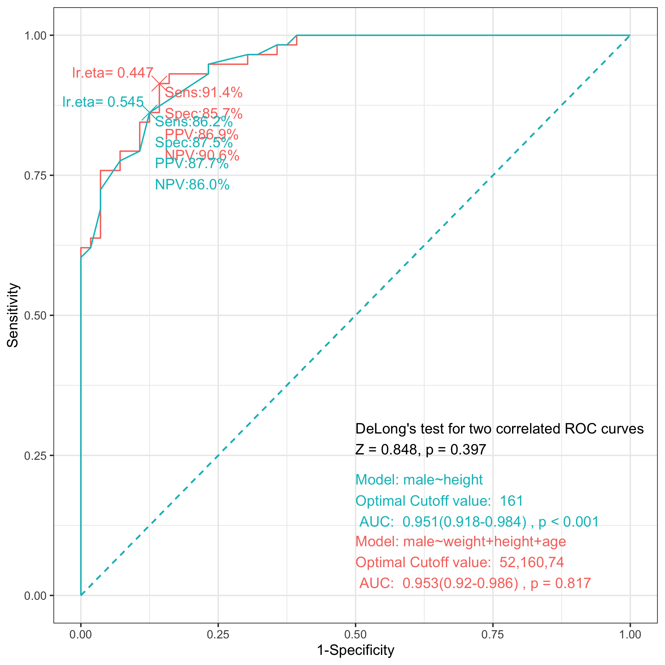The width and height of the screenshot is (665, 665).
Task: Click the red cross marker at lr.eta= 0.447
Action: click(x=159, y=83)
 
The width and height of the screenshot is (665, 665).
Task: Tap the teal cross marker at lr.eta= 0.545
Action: click(x=150, y=112)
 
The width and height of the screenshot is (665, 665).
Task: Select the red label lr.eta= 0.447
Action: click(x=112, y=73)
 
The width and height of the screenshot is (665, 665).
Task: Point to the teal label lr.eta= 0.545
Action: click(x=103, y=102)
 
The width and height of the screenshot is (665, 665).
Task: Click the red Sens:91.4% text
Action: click(x=204, y=92)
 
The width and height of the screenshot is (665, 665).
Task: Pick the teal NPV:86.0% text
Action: click(x=192, y=185)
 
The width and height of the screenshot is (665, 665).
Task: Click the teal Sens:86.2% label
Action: click(x=194, y=122)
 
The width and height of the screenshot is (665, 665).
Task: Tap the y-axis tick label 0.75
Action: click(x=35, y=175)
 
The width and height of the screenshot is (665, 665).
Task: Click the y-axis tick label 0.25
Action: click(x=35, y=456)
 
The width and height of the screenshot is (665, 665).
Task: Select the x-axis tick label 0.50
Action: click(x=355, y=634)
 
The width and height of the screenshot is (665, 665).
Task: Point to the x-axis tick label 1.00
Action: click(x=630, y=634)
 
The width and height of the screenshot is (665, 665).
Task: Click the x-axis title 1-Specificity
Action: click(x=355, y=650)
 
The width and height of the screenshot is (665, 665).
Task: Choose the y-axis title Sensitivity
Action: click(x=13, y=315)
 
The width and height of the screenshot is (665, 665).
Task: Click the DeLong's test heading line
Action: click(x=499, y=429)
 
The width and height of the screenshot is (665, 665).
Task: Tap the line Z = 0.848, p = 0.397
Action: click(x=421, y=450)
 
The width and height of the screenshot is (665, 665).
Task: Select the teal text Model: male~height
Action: click(x=419, y=480)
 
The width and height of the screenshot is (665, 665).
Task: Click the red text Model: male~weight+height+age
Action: click(x=460, y=541)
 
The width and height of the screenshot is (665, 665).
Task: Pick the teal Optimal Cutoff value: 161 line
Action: click(x=439, y=501)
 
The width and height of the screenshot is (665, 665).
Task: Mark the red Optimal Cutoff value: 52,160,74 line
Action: click(x=459, y=562)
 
